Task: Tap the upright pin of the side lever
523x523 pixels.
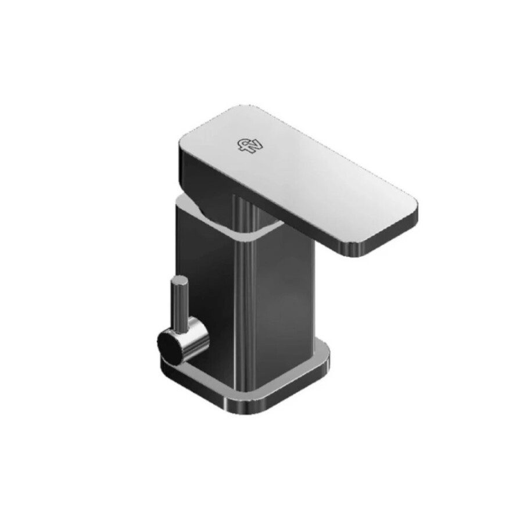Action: pos(178,302)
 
